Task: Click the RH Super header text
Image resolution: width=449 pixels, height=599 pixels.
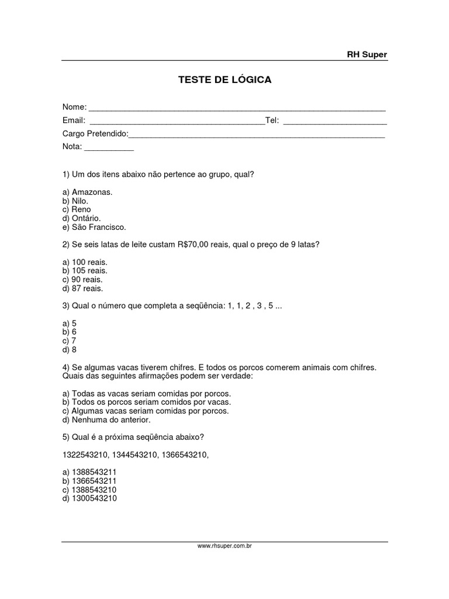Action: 367,54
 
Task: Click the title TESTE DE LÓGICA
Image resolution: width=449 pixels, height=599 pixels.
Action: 224,80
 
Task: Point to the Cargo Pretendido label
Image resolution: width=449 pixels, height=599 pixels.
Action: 95,134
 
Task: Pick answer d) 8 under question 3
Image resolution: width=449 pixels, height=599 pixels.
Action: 69,350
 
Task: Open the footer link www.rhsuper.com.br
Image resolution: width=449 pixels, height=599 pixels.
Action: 224,546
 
